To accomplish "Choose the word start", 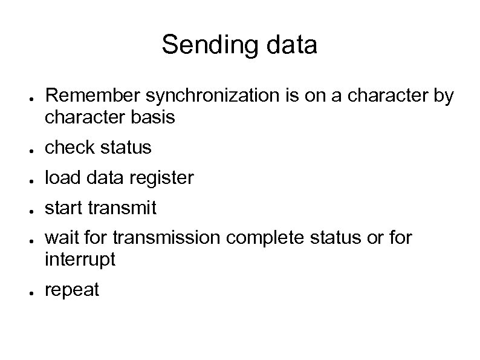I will point(64,208).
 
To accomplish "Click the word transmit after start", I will point(123,208).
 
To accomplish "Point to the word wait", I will point(60,238).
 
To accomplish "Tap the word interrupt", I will point(80,260).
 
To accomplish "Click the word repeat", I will point(72,290).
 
